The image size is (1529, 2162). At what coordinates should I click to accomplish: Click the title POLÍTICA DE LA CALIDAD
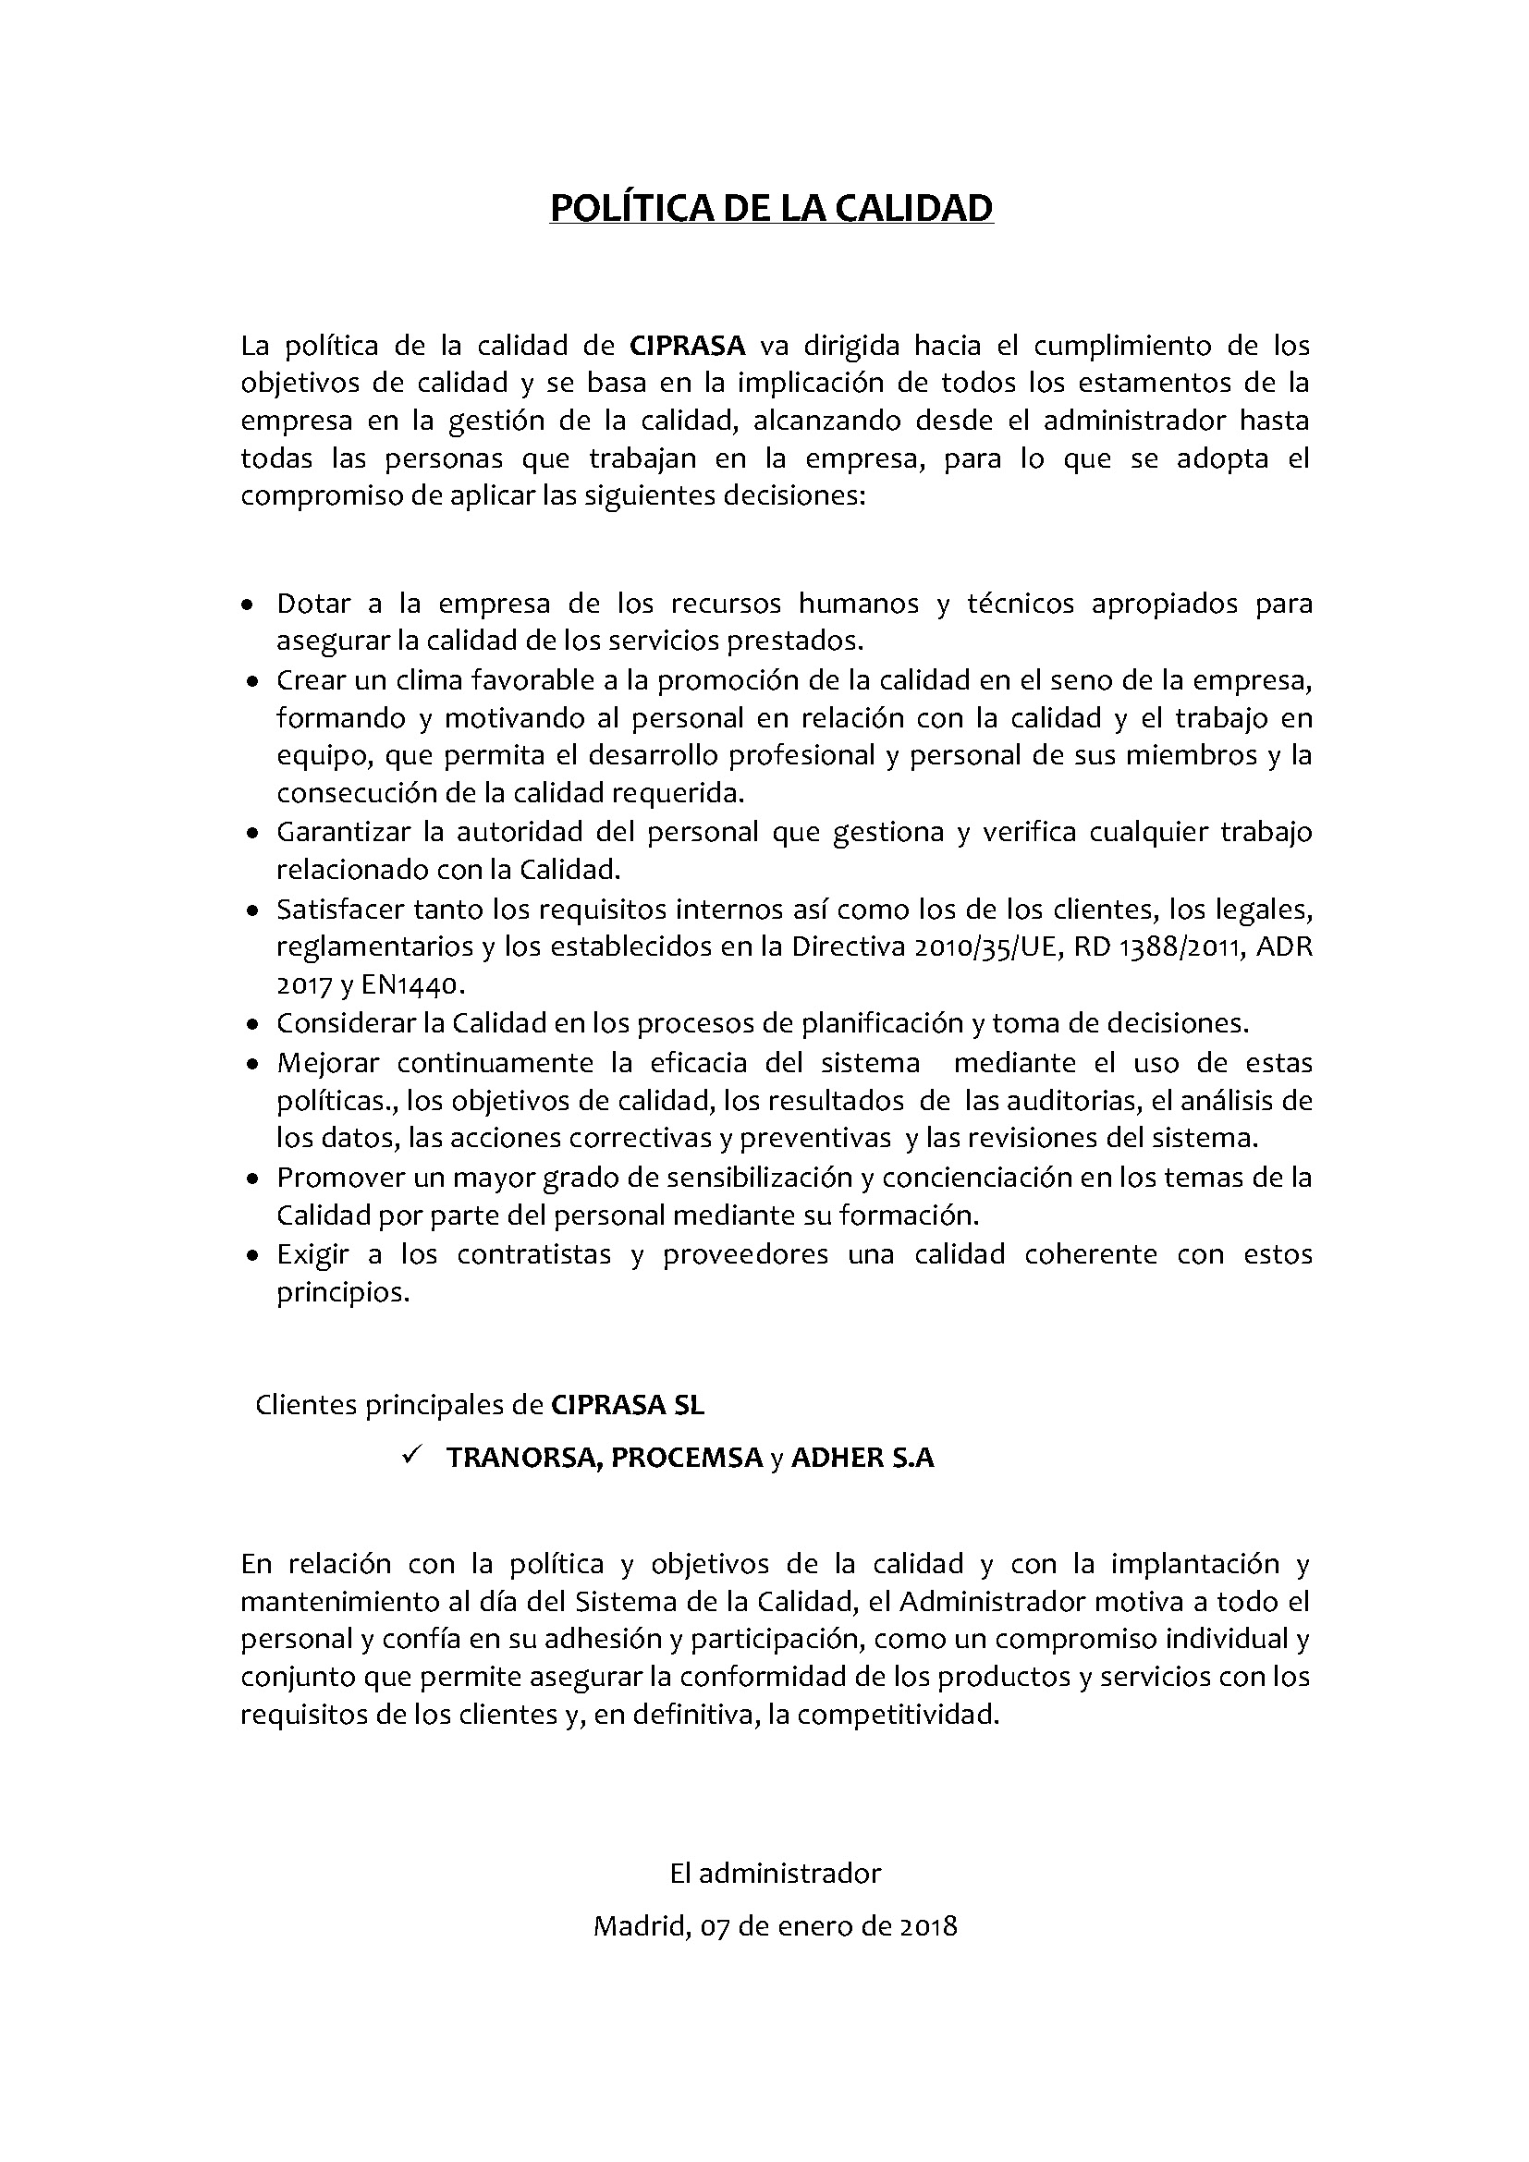tap(771, 208)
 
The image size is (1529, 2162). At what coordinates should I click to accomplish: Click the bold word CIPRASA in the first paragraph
tap(687, 346)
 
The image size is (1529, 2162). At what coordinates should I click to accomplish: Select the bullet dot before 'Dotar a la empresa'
tap(247, 605)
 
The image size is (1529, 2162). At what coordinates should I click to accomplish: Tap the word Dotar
tap(313, 604)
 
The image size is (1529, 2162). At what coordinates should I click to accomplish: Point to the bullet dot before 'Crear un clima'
tap(251, 682)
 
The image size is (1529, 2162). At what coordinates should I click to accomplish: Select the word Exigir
tap(312, 1254)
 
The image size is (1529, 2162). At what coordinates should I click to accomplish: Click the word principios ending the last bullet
tap(343, 1293)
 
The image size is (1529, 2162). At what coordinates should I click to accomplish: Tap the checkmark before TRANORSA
tap(410, 1456)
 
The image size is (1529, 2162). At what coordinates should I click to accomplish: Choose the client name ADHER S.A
tap(862, 1458)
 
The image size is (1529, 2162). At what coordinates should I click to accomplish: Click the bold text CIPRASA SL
tap(627, 1405)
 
